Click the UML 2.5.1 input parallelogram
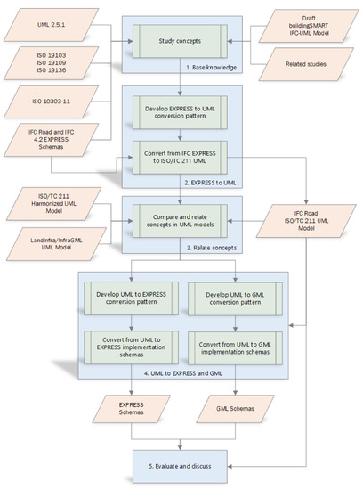52,25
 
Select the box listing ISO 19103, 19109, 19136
52,63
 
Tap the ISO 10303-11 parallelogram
52,102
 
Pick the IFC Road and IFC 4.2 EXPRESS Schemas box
52,140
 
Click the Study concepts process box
180,41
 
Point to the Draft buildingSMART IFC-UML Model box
309,26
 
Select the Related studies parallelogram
306,64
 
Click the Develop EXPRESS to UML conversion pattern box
180,112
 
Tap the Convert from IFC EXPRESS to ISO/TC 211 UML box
180,158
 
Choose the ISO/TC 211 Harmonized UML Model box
54,204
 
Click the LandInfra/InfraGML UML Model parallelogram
56,244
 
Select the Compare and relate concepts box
180,221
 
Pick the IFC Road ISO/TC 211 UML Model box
306,221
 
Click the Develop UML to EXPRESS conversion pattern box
131,298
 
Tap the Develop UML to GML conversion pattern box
235,298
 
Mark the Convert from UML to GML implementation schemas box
235,348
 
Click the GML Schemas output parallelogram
235,409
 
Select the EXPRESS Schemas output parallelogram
131,409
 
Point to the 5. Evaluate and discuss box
180,467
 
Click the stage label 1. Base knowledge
212,68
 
